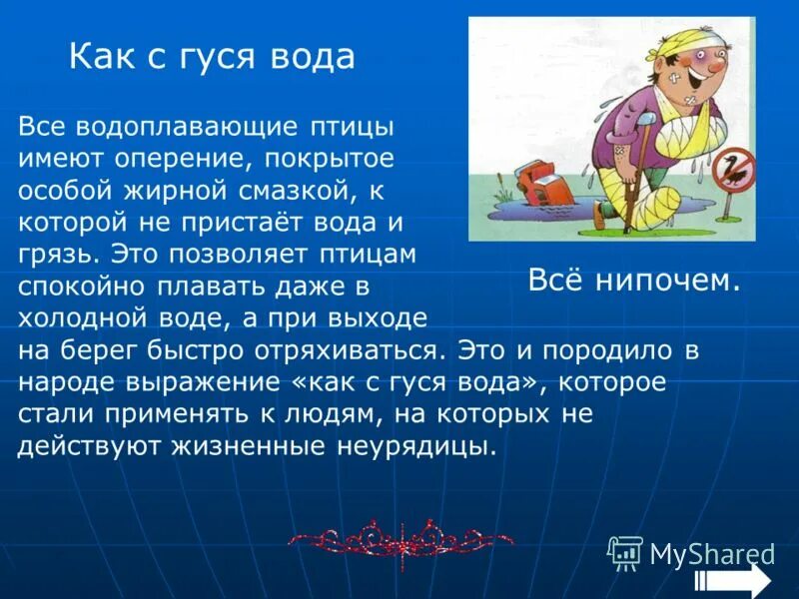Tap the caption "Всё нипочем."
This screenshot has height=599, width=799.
[x=634, y=282]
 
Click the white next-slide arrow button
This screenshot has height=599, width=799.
[x=734, y=580]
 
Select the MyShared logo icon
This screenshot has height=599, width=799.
[x=625, y=551]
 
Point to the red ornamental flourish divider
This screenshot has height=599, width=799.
[x=400, y=541]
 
